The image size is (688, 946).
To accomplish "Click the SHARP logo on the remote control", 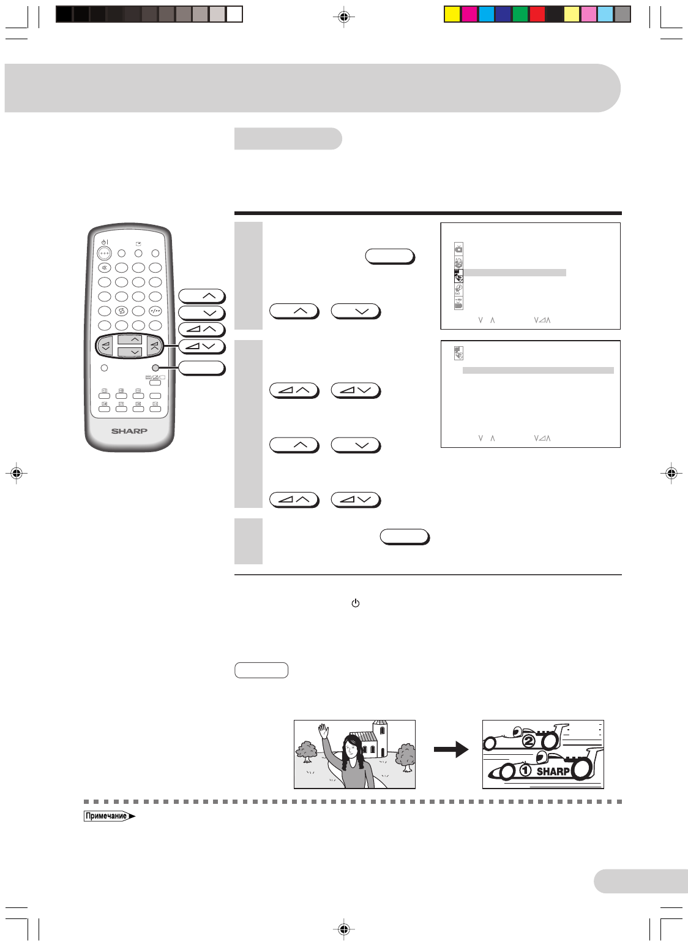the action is pyautogui.click(x=129, y=431).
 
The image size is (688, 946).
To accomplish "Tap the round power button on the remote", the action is pyautogui.click(x=104, y=253).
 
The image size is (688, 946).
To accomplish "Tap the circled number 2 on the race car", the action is pyautogui.click(x=528, y=742).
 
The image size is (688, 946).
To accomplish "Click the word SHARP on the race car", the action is pyautogui.click(x=553, y=771).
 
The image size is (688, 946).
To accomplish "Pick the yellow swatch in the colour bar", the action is pyautogui.click(x=452, y=14).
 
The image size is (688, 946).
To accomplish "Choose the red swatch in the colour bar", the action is pyautogui.click(x=537, y=14).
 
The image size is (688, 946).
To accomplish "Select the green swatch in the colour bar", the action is pyautogui.click(x=520, y=14).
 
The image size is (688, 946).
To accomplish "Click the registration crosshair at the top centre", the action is pyautogui.click(x=344, y=17).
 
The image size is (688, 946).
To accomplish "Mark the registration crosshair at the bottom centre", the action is pyautogui.click(x=344, y=929).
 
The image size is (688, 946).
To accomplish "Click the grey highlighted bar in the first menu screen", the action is pyautogui.click(x=514, y=273).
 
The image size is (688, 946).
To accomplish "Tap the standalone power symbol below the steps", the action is pyautogui.click(x=355, y=604).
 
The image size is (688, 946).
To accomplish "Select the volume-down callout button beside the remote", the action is pyautogui.click(x=202, y=346).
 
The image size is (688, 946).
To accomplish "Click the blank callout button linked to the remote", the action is pyautogui.click(x=202, y=368).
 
